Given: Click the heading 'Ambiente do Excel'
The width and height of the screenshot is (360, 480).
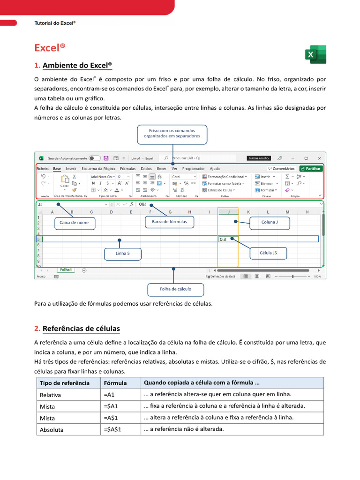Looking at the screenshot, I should pos(77,65).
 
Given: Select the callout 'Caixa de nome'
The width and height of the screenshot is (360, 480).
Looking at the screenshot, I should pos(75,223).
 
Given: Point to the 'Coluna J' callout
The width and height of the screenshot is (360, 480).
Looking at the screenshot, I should pos(270,223).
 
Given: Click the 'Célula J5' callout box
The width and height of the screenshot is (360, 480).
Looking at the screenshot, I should pos(268,253).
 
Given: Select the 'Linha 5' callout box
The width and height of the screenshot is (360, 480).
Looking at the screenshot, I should pos(122,254).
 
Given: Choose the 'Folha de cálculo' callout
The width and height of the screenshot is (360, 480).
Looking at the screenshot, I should pos(175,289).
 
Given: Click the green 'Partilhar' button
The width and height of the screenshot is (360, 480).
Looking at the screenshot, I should pos(311,169).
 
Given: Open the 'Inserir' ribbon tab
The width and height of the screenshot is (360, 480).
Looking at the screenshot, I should pos(71,169).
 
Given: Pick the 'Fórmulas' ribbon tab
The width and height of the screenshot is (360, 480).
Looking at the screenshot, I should pos(127,169).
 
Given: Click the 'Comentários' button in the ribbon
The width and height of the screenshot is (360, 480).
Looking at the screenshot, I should pos(282,169).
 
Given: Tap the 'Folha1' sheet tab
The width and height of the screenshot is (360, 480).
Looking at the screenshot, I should pos(66,270).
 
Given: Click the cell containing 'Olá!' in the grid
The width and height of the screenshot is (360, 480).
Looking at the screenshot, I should pos(228,239).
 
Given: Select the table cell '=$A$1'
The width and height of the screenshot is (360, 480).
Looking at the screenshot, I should pos(112,429).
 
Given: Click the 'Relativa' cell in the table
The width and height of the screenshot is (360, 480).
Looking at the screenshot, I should pos(51,395).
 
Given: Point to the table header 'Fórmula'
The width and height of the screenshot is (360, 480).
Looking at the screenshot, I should pos(115,383).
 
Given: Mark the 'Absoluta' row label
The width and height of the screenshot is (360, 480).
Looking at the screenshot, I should pos(52,429).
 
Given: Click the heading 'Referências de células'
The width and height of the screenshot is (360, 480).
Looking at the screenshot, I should pos(81,329).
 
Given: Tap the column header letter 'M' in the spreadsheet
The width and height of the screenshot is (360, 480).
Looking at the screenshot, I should pos(287,212).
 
